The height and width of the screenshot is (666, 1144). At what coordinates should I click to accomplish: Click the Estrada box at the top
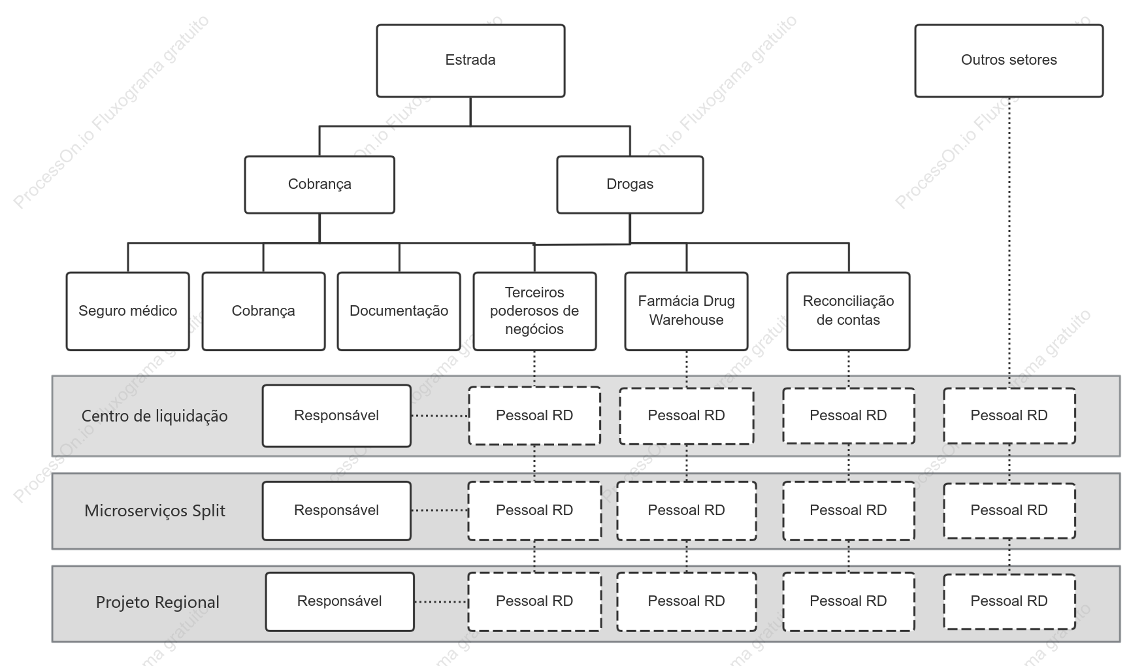click(x=470, y=61)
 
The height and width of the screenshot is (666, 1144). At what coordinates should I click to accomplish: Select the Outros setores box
click(x=1009, y=61)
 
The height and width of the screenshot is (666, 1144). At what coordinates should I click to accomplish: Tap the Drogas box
click(x=630, y=184)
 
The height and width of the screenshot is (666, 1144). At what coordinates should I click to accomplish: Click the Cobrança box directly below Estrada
click(x=319, y=184)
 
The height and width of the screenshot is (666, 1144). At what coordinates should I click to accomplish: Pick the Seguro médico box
click(x=128, y=311)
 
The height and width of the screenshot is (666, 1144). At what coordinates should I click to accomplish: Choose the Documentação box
click(x=399, y=311)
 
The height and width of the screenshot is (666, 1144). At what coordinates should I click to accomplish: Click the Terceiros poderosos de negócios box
click(x=534, y=311)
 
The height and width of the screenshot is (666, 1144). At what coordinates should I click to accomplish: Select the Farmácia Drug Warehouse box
click(x=686, y=311)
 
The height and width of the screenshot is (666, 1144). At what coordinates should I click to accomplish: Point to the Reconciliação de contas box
click(x=848, y=311)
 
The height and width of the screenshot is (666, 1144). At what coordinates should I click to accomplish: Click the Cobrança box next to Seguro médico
click(x=263, y=311)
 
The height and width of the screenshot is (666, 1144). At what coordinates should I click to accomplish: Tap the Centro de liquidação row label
click(x=155, y=416)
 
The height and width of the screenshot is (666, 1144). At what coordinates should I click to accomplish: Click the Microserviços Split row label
click(x=155, y=511)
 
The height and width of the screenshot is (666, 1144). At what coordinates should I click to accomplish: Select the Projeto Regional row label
click(x=157, y=602)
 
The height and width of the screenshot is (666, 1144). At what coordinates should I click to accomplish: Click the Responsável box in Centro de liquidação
click(x=336, y=416)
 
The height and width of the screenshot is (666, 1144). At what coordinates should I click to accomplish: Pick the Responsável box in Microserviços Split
click(x=336, y=511)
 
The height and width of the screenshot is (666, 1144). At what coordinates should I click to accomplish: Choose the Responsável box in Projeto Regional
click(x=340, y=602)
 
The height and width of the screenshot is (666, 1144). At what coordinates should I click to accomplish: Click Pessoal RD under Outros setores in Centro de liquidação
click(x=1009, y=416)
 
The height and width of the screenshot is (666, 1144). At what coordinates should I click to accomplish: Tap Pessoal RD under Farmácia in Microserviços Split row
click(x=687, y=511)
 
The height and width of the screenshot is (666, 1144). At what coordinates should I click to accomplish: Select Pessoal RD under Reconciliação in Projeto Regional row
click(x=849, y=602)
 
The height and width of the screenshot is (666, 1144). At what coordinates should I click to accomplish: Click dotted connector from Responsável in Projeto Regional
click(x=441, y=602)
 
